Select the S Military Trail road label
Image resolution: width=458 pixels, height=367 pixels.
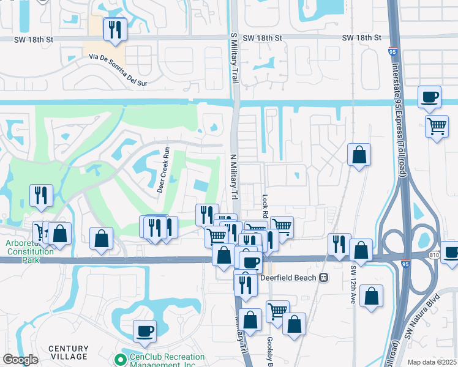pyautogui.click(x=233, y=58)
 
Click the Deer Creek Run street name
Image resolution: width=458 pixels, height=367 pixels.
pyautogui.click(x=163, y=169)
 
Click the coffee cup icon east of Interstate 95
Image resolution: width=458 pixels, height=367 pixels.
pyautogui.click(x=430, y=97)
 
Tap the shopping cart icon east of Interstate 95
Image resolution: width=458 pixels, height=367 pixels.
pyautogui.click(x=437, y=127)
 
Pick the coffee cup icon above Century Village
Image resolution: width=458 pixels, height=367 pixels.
pyautogui.click(x=145, y=332)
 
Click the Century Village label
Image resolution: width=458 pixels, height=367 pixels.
pyautogui.click(x=69, y=353)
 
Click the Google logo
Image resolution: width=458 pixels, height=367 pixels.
pyautogui.click(x=20, y=360)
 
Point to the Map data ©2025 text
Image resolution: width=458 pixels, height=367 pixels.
pyautogui.click(x=432, y=362)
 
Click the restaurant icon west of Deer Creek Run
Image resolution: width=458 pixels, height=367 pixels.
pyautogui.click(x=41, y=196)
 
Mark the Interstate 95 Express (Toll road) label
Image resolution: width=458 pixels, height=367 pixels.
pyautogui.click(x=404, y=116)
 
